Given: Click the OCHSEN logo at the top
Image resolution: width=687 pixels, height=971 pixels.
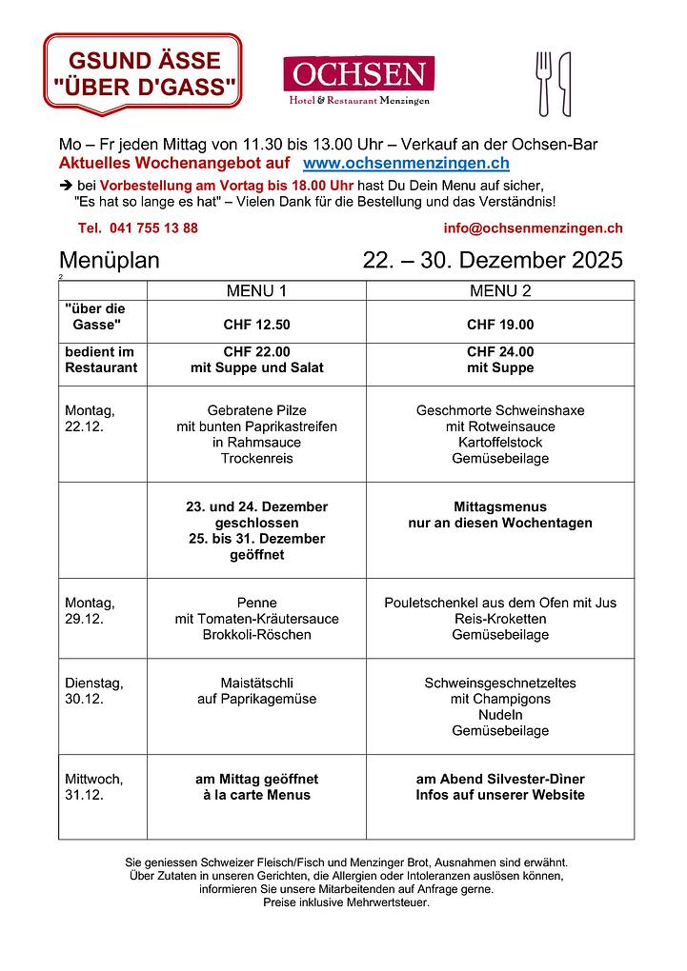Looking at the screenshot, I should click(x=358, y=81).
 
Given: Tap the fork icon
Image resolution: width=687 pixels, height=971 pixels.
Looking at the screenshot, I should click(x=544, y=82).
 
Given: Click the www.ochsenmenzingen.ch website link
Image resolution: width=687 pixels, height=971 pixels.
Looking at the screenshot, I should click(x=406, y=165).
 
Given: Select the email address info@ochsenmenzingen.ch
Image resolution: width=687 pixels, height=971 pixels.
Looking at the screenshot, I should click(x=533, y=228).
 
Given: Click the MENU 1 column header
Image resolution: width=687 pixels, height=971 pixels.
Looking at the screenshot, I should click(x=255, y=290).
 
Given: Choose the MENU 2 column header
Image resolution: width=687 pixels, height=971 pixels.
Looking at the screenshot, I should click(x=500, y=290).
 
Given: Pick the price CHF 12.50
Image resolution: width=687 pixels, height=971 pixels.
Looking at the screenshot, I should click(x=256, y=325).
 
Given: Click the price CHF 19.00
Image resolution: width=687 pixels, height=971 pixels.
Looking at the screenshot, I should click(x=500, y=325).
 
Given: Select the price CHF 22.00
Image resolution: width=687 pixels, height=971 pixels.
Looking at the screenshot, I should click(x=256, y=351).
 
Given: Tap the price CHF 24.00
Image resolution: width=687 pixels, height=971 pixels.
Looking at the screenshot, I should click(x=500, y=351).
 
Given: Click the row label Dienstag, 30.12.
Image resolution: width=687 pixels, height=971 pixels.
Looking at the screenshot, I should click(x=93, y=690).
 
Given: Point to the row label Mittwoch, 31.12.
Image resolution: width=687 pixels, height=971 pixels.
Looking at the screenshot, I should click(x=93, y=786).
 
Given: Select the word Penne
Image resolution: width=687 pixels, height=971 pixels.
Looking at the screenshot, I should click(x=256, y=603).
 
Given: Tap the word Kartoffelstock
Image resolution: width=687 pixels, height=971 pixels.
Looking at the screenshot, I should click(x=500, y=443).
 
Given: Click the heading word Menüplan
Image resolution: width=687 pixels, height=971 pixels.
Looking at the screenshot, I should click(x=110, y=260).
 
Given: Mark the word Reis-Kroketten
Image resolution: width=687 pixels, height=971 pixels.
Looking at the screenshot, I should click(x=500, y=619).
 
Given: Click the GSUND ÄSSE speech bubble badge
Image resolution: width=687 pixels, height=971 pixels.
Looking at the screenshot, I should click(x=143, y=74).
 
